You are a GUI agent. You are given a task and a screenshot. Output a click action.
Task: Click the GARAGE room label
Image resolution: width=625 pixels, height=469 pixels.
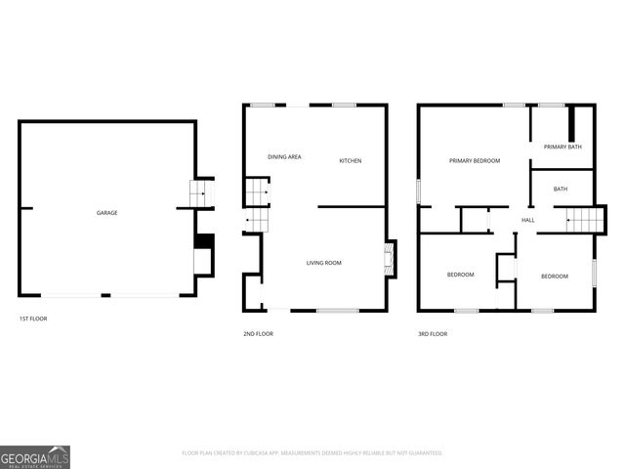click(x=106, y=212)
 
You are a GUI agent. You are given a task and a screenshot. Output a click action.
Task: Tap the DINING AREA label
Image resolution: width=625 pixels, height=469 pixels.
click(x=284, y=156)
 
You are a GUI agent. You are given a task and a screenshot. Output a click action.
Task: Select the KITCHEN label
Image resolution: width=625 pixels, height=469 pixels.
click(x=351, y=160)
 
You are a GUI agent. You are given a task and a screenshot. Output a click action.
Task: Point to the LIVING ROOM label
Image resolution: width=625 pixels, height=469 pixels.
click(x=323, y=262)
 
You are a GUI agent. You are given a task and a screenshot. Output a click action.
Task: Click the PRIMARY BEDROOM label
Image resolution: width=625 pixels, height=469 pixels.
click(x=475, y=160)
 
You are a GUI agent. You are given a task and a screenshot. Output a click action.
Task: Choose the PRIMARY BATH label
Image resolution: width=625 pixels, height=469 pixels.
click(x=562, y=147)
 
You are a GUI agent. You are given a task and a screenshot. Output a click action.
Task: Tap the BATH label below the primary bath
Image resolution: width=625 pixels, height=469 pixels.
click(x=561, y=189)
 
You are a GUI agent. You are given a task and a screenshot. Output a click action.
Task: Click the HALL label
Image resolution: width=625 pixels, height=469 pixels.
click(x=527, y=220)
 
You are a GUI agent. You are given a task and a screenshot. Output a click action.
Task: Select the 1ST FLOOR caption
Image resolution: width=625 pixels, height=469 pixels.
click(x=33, y=319)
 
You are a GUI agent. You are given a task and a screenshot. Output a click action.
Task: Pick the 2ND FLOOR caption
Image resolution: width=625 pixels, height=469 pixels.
click(x=258, y=334)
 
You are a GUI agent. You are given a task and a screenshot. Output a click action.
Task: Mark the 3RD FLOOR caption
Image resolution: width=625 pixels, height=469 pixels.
click(x=432, y=334)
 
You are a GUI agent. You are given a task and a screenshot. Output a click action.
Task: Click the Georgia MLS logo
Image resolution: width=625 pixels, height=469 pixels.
click(x=35, y=456)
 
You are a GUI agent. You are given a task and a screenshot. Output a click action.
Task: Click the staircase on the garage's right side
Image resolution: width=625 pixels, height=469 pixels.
click(x=200, y=193)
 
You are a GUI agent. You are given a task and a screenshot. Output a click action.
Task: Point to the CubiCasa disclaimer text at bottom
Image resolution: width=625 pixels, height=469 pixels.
click(x=312, y=453)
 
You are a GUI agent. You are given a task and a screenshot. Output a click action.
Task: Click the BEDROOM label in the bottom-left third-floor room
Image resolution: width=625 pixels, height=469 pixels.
click(x=460, y=275)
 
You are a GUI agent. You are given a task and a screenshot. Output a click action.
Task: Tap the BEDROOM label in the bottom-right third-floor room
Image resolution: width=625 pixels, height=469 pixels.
click(x=555, y=277)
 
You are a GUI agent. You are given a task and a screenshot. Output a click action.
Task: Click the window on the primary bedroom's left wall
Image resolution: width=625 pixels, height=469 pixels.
click(x=419, y=191)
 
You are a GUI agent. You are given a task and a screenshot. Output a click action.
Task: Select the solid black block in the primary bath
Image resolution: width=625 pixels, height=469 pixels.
click(x=574, y=128)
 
